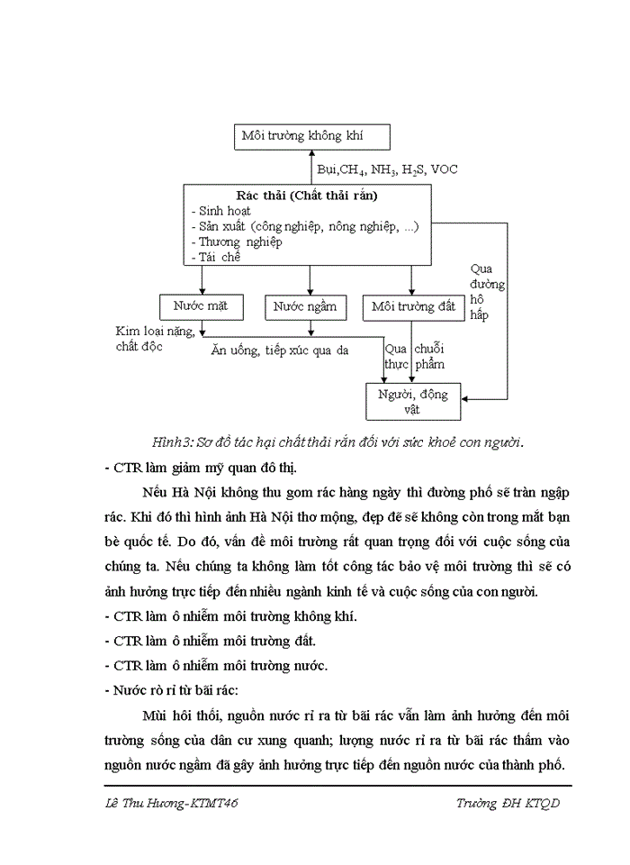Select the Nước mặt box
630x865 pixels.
coord(200,306)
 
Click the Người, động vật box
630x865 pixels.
coord(413,401)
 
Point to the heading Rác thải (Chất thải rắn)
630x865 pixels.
coord(307,196)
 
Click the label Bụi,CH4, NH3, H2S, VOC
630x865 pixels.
coord(386,169)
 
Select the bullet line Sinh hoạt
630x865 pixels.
coord(221,211)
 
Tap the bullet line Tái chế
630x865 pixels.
coord(217,257)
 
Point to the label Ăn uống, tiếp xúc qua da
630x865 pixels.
coord(279,350)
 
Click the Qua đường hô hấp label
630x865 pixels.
coord(487,293)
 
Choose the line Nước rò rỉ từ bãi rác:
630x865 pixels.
coord(171,690)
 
